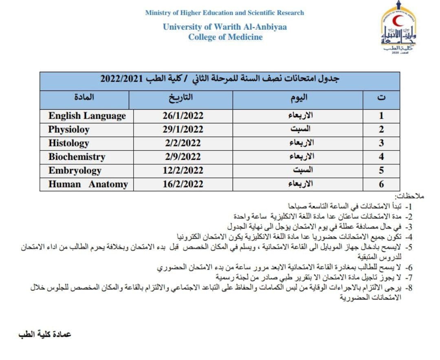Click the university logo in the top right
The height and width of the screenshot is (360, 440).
pyautogui.click(x=399, y=29)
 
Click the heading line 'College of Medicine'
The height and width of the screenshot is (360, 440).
pyautogui.click(x=225, y=37)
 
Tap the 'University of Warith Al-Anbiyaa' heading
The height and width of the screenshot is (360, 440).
pyautogui.click(x=225, y=27)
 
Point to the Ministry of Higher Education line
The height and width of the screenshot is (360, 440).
pyautogui.click(x=224, y=13)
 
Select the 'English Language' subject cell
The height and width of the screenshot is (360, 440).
pyautogui.click(x=87, y=116)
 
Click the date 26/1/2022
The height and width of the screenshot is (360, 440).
pyautogui.click(x=183, y=116)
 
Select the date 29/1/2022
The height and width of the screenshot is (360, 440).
pyautogui.click(x=183, y=130)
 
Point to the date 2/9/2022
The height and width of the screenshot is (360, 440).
pyautogui.click(x=183, y=157)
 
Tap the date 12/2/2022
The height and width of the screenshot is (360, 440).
pyautogui.click(x=183, y=170)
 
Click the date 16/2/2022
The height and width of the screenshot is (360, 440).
pyautogui.click(x=183, y=184)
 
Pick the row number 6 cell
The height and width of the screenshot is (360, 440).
pyautogui.click(x=381, y=184)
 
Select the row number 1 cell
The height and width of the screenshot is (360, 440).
pyautogui.click(x=381, y=116)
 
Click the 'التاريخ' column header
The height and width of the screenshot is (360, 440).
pyautogui.click(x=180, y=98)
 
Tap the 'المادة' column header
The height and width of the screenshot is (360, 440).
pyautogui.click(x=84, y=98)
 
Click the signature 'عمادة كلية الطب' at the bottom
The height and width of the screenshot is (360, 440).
pyautogui.click(x=45, y=334)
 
